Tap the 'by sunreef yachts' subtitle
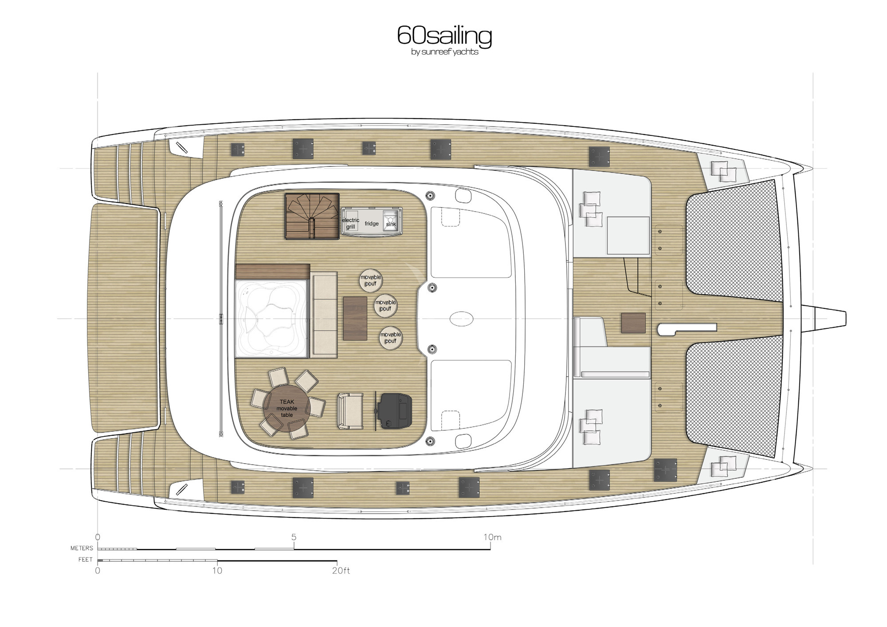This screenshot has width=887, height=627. [x=445, y=52]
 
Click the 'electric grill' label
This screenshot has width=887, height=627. [x=350, y=223]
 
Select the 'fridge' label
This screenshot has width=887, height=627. [x=372, y=224]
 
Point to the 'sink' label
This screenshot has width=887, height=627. [x=391, y=224]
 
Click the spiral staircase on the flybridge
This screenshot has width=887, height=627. [x=312, y=217]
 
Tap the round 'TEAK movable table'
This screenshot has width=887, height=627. [x=287, y=408]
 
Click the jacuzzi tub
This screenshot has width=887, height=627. [x=271, y=318]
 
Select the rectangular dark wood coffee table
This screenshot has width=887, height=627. [x=355, y=319]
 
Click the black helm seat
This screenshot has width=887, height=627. [x=394, y=411]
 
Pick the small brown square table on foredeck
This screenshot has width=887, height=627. [x=633, y=323]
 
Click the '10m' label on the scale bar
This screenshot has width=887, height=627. [x=492, y=537]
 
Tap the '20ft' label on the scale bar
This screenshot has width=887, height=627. [x=341, y=571]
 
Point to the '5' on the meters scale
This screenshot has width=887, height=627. [x=294, y=537]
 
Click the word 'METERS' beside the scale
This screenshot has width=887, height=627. [x=82, y=548]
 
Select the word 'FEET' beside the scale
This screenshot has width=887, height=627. [x=85, y=560]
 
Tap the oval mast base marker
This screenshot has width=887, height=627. [x=461, y=318]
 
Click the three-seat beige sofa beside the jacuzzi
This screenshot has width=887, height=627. [x=324, y=315]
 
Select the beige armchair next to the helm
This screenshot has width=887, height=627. [x=350, y=411]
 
